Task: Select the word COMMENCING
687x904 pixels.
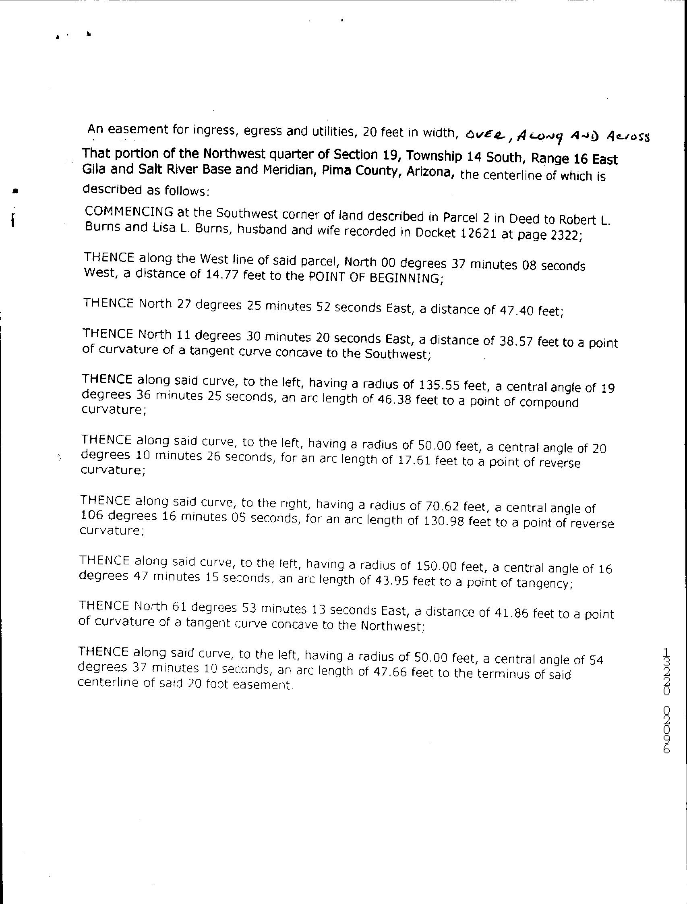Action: coord(129,211)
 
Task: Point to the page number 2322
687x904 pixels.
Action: coord(565,235)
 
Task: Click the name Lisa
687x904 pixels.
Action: coord(165,228)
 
